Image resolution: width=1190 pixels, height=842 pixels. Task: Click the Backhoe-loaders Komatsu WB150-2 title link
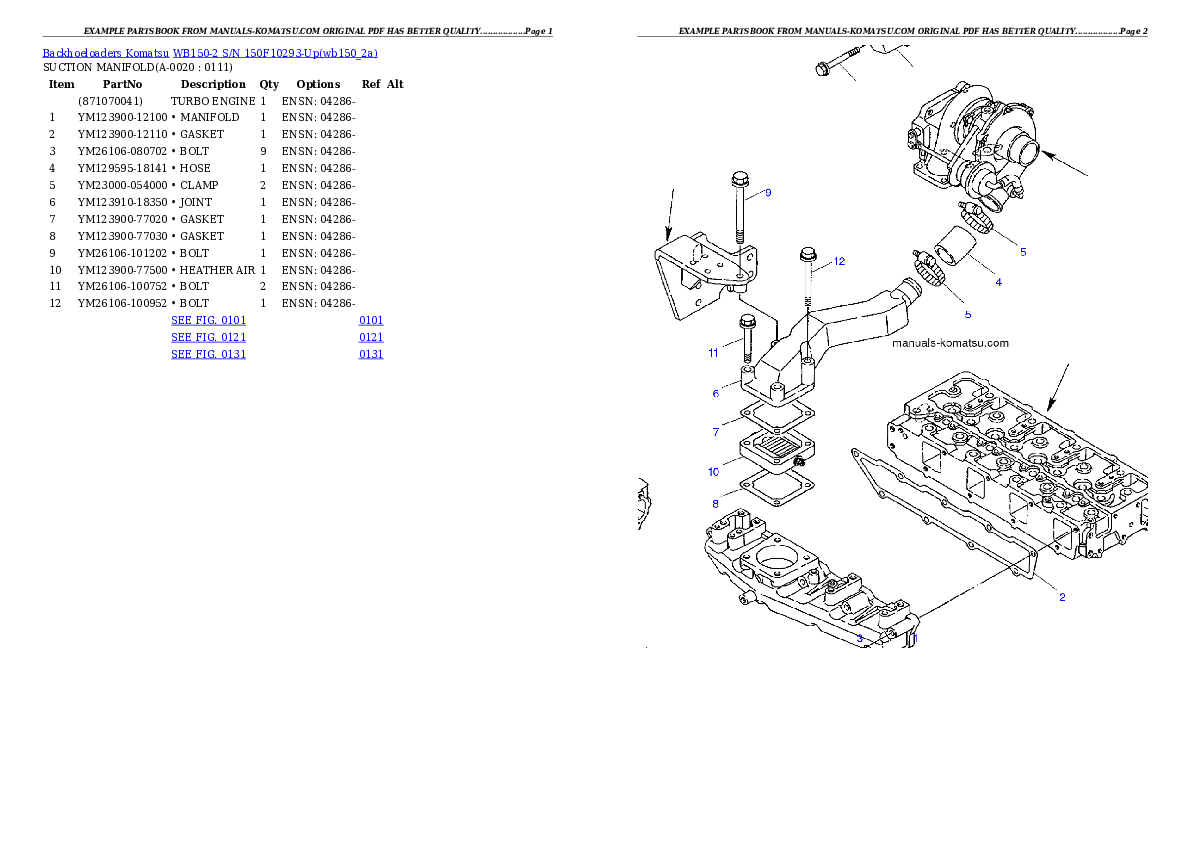210,53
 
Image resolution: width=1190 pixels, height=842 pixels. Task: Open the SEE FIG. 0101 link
208,320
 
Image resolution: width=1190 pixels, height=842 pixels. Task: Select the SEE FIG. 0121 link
208,337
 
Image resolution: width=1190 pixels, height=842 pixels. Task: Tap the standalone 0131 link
371,354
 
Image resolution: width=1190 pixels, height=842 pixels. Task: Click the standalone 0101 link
371,320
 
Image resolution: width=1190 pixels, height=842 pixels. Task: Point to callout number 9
768,193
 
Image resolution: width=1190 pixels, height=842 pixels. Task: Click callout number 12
839,261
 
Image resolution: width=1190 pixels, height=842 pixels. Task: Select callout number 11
713,353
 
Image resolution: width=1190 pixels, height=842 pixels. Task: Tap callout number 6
716,393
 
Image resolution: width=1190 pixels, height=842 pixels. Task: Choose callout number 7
716,432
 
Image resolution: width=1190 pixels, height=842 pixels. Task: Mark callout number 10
713,471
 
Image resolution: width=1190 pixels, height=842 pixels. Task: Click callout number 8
716,503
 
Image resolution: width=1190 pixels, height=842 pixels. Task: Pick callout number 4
998,282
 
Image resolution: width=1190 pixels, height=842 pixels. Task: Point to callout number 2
1062,597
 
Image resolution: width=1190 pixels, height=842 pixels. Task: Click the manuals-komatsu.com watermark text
950,343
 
